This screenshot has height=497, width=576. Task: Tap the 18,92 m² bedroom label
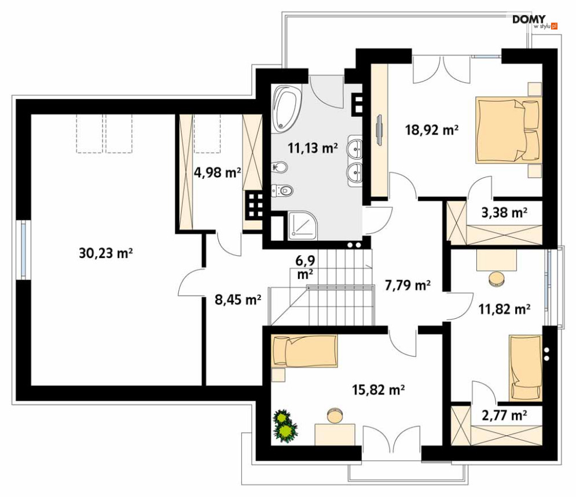(x=432, y=130)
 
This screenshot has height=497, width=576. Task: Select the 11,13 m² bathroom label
(x=313, y=148)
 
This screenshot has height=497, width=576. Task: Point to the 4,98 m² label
(x=217, y=172)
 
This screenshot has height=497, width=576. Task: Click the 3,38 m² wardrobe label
(x=504, y=212)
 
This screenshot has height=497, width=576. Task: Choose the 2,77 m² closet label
(x=504, y=415)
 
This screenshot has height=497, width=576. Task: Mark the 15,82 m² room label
(x=379, y=389)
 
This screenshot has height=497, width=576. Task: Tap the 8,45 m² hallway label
(x=238, y=300)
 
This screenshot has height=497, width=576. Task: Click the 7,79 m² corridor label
(x=408, y=285)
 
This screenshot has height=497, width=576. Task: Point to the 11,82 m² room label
(x=504, y=309)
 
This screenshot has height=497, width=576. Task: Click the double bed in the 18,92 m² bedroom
(x=509, y=130)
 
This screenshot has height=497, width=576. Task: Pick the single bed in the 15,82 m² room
(x=304, y=351)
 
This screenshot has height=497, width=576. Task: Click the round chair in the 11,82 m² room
(x=497, y=279)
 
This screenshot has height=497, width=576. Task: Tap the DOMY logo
(x=535, y=22)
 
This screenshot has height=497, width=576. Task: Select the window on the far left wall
(x=24, y=250)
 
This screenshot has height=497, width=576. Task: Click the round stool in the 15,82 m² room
(x=335, y=415)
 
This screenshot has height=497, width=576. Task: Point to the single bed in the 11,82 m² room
(x=526, y=367)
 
